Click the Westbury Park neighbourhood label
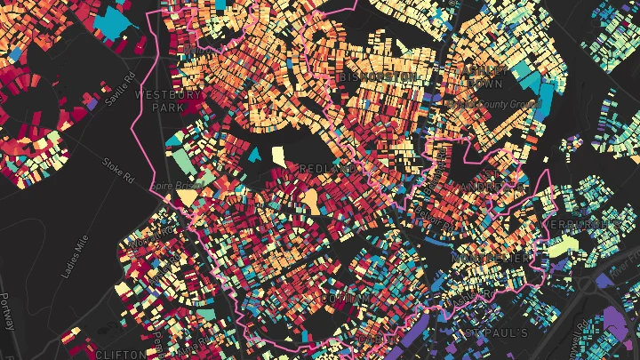(x=159, y=100)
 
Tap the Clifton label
(x=114, y=354)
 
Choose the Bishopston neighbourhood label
(x=378, y=78)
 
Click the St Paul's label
(x=497, y=332)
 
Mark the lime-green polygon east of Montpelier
(x=557, y=248)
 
